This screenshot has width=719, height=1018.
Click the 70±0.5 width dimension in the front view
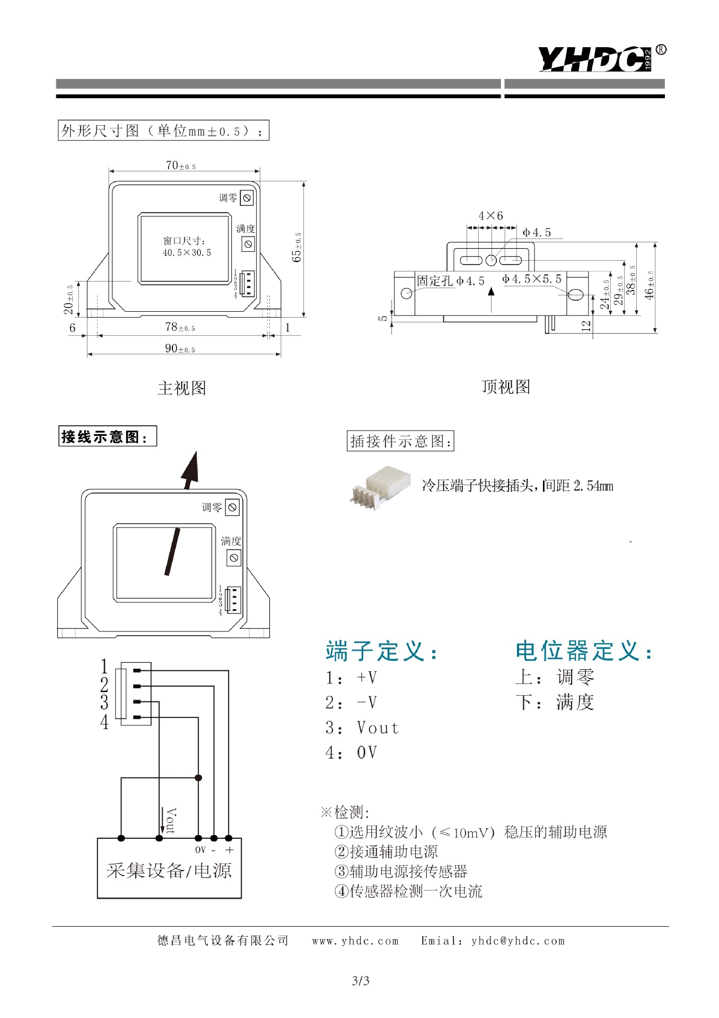[180, 165]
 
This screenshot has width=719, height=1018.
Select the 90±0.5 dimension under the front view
[180, 349]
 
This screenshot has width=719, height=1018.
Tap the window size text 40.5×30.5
[187, 253]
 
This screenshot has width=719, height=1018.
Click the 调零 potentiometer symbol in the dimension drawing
[247, 198]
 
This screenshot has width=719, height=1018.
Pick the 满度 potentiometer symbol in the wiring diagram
[234, 558]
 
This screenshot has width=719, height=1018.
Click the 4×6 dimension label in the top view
[490, 216]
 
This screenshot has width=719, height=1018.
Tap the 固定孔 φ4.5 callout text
[451, 280]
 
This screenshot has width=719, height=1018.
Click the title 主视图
[182, 388]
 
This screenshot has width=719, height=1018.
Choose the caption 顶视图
[506, 387]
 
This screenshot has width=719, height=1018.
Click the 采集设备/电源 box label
[169, 871]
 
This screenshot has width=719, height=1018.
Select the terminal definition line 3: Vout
[362, 728]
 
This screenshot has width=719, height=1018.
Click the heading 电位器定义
[583, 651]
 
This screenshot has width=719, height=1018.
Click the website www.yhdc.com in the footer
[355, 941]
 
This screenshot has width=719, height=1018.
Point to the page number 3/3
[361, 981]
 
